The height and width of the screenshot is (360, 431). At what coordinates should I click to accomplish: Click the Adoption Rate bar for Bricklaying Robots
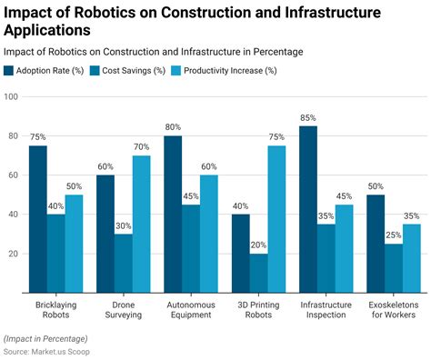pos(37,218)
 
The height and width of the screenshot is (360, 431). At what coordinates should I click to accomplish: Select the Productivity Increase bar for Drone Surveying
pos(141,224)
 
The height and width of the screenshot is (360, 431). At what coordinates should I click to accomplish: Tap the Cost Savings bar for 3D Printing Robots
pos(257,273)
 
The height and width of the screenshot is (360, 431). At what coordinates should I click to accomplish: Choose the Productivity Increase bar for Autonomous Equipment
pos(208,234)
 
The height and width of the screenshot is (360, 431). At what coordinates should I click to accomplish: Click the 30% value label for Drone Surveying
pos(123,225)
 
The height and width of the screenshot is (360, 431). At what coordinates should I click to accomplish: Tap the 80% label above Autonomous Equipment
pos(173,127)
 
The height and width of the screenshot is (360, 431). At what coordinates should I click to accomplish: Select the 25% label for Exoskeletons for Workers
pos(393,235)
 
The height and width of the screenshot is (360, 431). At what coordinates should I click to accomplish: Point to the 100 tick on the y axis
pos(11,96)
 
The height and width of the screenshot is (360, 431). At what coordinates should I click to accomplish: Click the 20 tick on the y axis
pos(13,254)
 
